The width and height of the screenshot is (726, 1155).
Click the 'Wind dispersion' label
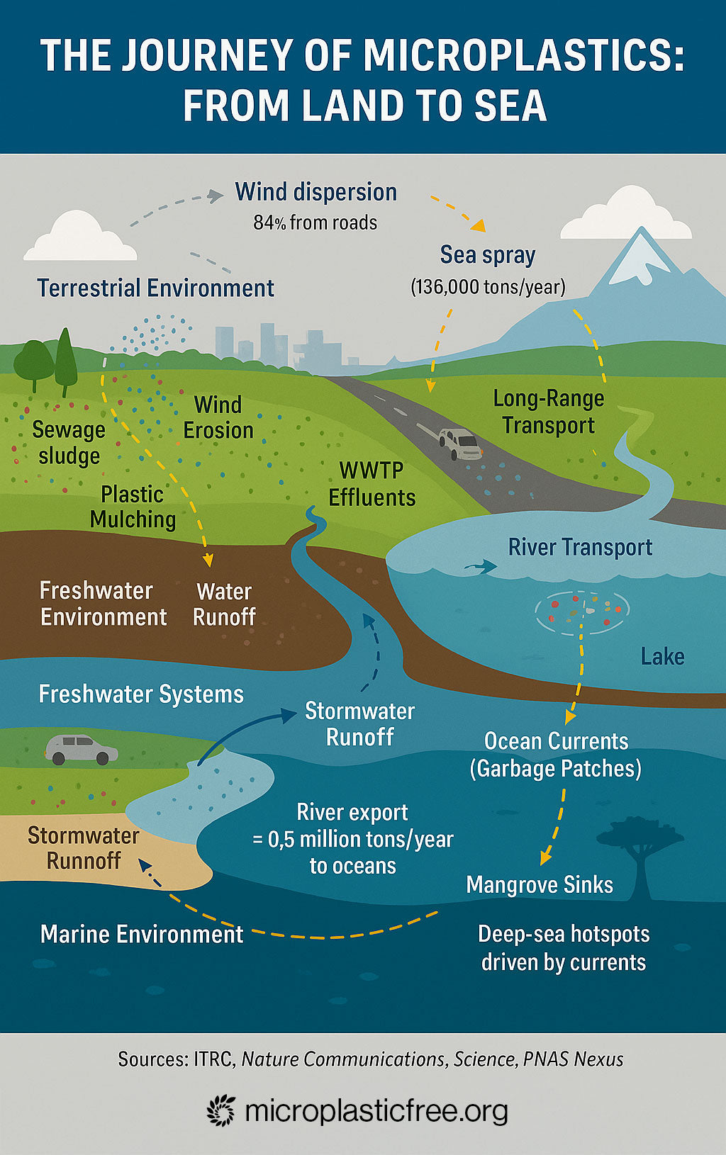click(315, 192)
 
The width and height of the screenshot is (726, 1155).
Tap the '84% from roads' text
click(315, 222)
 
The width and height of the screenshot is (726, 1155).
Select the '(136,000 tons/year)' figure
click(488, 287)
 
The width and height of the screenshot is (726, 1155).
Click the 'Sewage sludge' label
click(69, 442)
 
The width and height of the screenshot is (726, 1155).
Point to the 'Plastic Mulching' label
click(133, 507)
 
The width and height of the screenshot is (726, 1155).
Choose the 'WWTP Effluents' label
click(372, 484)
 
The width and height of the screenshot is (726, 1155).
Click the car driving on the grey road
click(460, 444)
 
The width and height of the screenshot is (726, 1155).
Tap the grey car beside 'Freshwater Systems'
click(81, 749)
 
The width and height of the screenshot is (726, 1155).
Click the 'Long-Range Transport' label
click(549, 412)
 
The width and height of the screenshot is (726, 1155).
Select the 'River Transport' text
click(580, 547)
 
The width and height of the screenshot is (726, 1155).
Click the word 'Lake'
click(662, 656)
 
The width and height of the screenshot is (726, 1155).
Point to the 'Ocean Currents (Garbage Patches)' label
click(556, 755)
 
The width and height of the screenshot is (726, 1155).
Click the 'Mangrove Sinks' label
click(540, 884)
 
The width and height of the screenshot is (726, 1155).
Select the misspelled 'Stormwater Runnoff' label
click(84, 848)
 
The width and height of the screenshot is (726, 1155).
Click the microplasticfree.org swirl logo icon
click(221, 1110)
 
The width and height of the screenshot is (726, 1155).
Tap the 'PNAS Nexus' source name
click(574, 1059)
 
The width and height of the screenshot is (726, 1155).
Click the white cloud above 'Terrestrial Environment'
click(79, 238)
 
